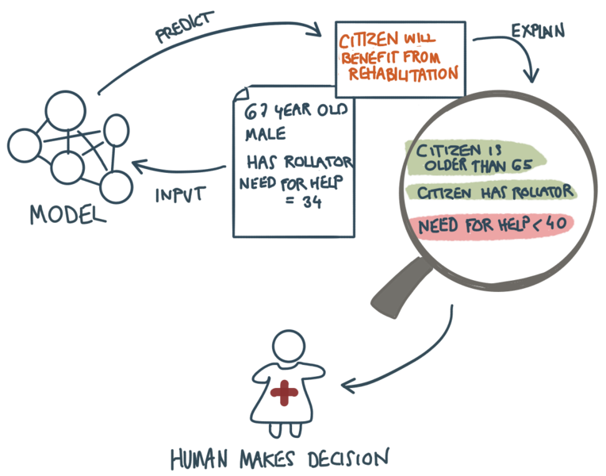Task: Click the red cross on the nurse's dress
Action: click(x=284, y=391)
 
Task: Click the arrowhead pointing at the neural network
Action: click(x=138, y=167)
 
